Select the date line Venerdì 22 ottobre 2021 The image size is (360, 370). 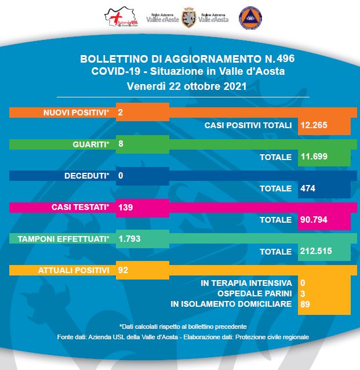point(188,86)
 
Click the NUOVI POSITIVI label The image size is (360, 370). point(76,113)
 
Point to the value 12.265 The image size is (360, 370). point(314,125)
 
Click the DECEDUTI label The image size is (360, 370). point(88,175)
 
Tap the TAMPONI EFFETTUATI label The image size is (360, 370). point(64,238)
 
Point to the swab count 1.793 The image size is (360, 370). point(129,238)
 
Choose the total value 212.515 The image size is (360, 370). point(316,252)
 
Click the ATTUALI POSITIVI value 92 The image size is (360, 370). point(122,270)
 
